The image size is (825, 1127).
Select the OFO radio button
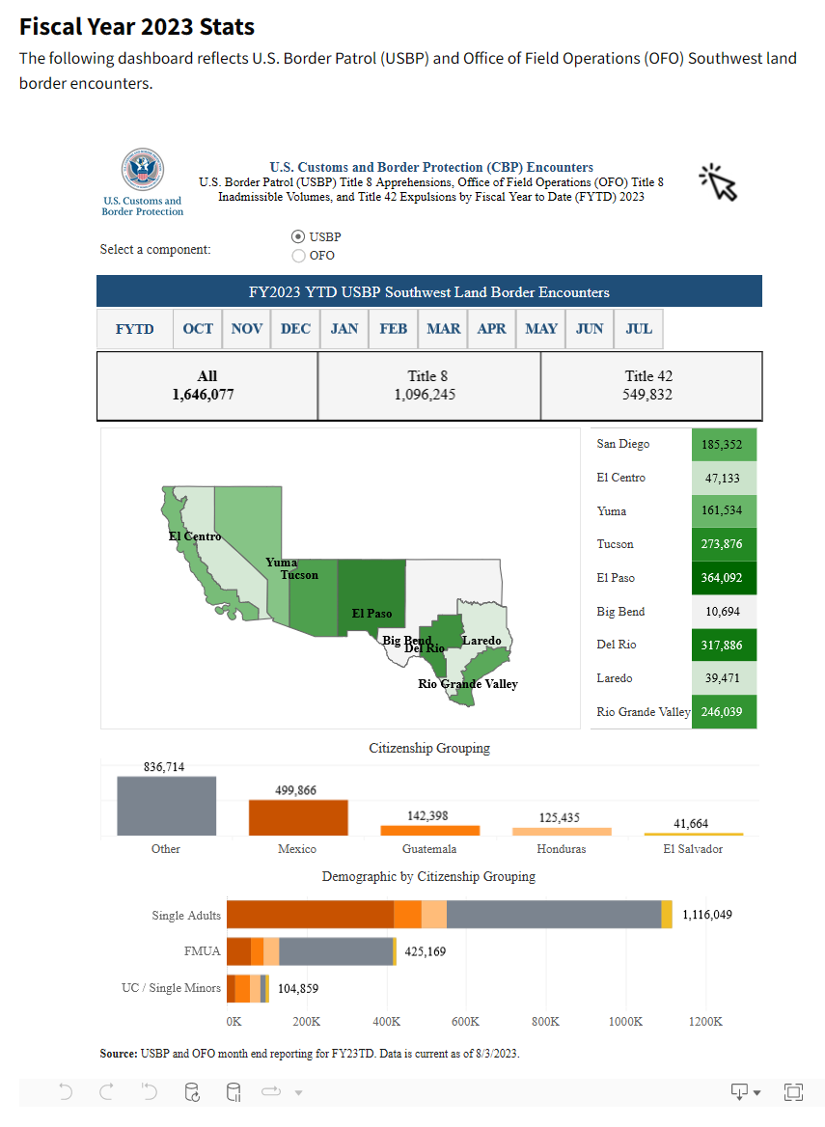pos(298,256)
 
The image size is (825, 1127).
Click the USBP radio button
pos(298,236)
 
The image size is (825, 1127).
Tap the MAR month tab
pos(443,329)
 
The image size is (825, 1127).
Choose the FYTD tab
pos(135,329)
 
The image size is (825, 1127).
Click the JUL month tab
pos(639,329)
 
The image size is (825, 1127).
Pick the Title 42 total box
pos(650,386)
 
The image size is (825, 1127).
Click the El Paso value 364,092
pos(724,578)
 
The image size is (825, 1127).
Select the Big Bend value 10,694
pos(724,612)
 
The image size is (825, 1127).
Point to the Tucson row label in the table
pos(615,544)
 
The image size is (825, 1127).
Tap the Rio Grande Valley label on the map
pos(468,684)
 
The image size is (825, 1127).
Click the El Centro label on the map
pos(195,536)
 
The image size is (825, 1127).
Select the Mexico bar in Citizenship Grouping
pos(297,817)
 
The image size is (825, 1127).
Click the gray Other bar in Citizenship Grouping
pos(166,806)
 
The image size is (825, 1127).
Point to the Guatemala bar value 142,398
pos(429,816)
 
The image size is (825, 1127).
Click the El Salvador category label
pos(693,849)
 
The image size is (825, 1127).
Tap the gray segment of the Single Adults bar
pos(553,915)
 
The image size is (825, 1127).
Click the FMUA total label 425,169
pos(425,951)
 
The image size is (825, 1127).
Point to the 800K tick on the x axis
pos(545,1021)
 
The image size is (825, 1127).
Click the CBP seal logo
pos(142,171)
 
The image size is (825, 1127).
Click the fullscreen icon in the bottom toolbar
pos(793,1092)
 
